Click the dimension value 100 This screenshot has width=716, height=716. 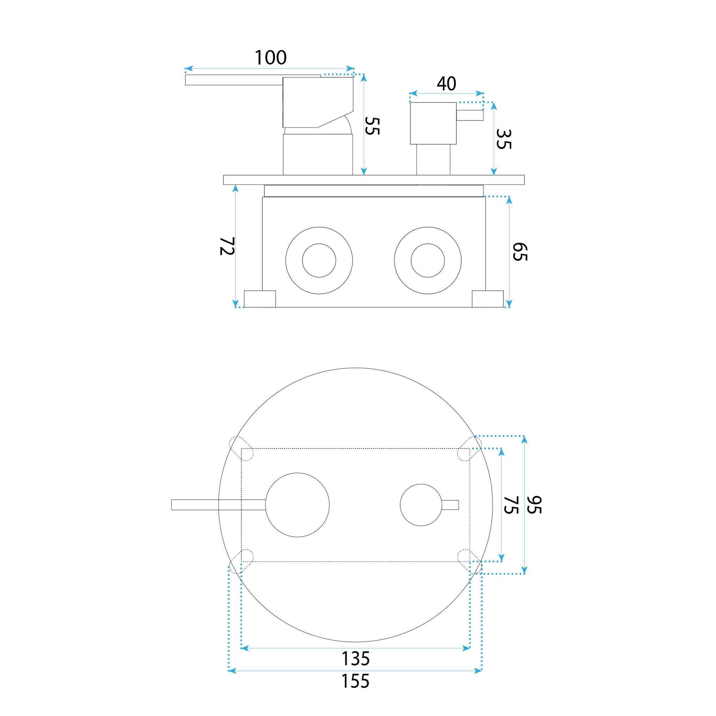271,57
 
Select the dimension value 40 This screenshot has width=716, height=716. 446,84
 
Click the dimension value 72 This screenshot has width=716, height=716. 227,246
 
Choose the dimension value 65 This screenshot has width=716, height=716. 520,252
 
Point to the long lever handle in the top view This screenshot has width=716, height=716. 219,505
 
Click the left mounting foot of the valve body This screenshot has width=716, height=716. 260,299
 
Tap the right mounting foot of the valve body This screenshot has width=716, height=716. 488,299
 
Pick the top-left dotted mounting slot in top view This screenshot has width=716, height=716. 241,448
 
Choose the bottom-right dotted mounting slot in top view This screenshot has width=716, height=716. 470,561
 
